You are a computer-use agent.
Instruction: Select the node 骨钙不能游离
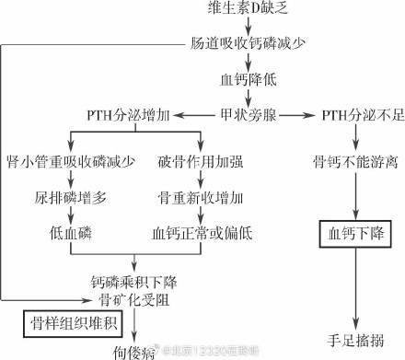[x=353, y=163]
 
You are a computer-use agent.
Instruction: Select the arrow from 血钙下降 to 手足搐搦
[x=353, y=285]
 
